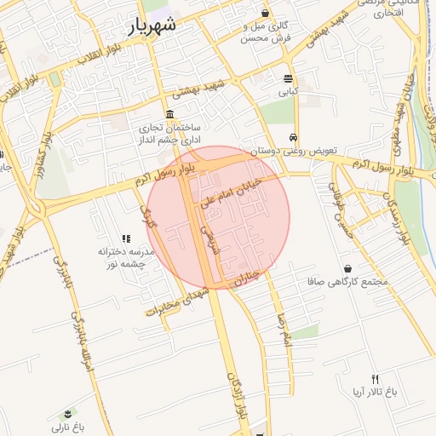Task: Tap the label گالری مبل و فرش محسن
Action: [267, 32]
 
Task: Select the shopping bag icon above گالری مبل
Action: [267, 13]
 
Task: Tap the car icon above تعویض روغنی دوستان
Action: [292, 136]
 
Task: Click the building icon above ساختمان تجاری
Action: [170, 114]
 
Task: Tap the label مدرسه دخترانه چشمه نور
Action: [125, 258]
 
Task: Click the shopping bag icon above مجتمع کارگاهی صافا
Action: [347, 269]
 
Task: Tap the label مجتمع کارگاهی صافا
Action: [346, 281]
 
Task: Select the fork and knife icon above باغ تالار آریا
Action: [374, 378]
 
